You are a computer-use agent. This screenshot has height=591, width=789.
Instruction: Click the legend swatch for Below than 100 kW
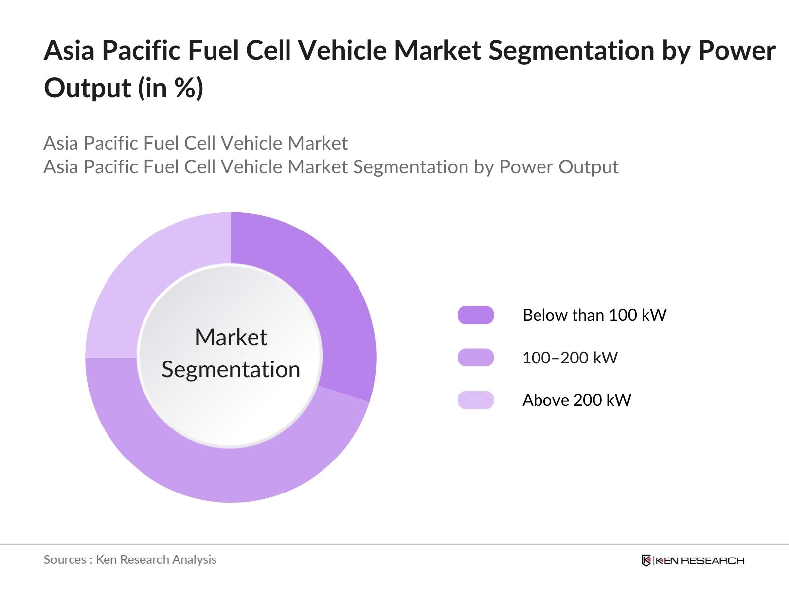pyautogui.click(x=475, y=315)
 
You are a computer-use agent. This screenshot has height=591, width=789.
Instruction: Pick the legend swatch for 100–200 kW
pyautogui.click(x=475, y=358)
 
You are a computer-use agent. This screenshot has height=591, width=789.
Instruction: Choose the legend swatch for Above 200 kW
pyautogui.click(x=475, y=400)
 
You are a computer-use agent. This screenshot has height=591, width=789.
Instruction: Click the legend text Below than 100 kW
pyautogui.click(x=594, y=315)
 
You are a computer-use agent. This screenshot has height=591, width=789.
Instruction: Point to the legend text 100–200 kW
pyautogui.click(x=570, y=358)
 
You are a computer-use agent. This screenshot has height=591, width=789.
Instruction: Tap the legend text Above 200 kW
pyautogui.click(x=576, y=400)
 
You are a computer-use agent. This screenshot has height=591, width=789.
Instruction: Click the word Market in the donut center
pyautogui.click(x=231, y=338)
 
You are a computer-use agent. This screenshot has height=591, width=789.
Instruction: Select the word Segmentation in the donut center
pyautogui.click(x=231, y=369)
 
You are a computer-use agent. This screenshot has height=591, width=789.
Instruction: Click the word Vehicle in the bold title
pyautogui.click(x=343, y=51)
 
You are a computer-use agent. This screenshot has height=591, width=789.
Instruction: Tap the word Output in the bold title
pyautogui.click(x=87, y=88)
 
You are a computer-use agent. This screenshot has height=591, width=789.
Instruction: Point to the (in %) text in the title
pyautogui.click(x=171, y=89)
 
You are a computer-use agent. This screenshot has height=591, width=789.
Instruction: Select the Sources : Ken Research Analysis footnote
pyautogui.click(x=130, y=559)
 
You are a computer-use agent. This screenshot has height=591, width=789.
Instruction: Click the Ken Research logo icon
pyautogui.click(x=646, y=560)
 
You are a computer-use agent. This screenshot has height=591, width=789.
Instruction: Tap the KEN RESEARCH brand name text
pyautogui.click(x=700, y=560)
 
